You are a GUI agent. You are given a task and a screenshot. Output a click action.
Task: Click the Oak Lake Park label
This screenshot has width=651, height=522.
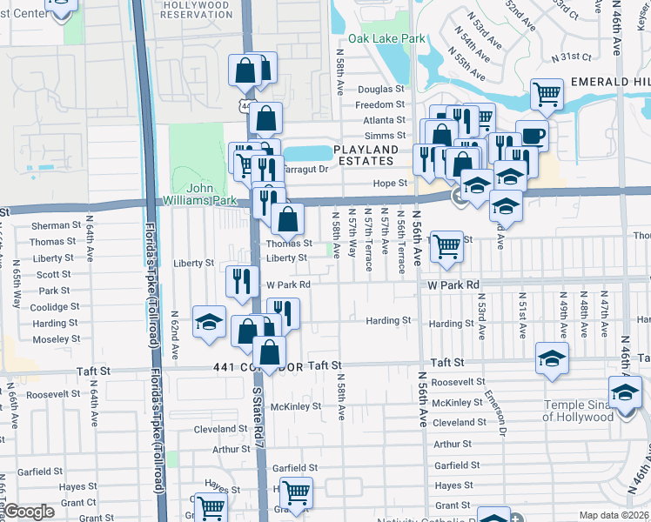click(x=387, y=39)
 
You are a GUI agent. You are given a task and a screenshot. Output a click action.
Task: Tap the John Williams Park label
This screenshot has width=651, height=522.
click(x=212, y=194)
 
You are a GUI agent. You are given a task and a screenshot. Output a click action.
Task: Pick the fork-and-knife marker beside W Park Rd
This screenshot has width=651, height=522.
click(x=242, y=281)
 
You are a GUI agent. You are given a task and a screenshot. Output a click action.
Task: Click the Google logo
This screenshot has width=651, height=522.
click(x=30, y=512)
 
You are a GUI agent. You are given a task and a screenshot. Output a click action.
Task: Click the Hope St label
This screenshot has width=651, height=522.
click(x=391, y=184)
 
